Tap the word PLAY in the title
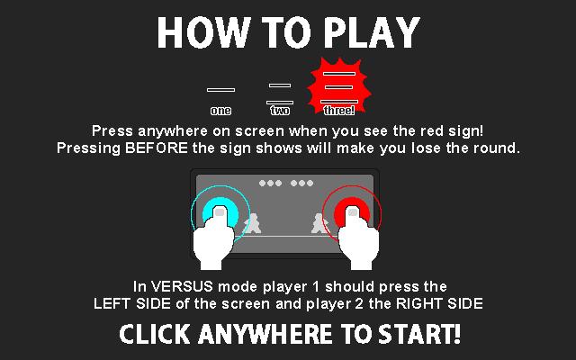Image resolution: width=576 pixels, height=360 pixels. click(x=372, y=32)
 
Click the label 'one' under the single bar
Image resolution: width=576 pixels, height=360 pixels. click(x=220, y=111)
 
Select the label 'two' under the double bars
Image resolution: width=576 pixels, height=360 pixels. click(x=280, y=110)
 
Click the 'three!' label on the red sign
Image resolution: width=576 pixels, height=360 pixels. click(x=339, y=110)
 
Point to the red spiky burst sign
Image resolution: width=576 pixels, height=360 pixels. click(x=338, y=86)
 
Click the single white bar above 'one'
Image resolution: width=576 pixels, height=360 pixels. click(x=220, y=90)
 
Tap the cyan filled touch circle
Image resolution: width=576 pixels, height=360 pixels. click(x=220, y=211)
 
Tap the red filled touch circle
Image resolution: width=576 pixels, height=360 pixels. click(x=352, y=211)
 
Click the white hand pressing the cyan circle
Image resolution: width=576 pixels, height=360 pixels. click(x=213, y=238)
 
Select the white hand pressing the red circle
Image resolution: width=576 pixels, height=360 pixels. click(x=358, y=238)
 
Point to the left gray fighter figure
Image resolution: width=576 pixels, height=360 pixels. click(x=252, y=224)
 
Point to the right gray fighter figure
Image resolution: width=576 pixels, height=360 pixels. click(x=319, y=224)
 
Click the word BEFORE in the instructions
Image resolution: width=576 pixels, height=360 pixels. click(x=157, y=148)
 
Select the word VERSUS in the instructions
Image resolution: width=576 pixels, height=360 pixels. click(x=182, y=286)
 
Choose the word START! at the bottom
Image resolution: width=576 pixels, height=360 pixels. click(x=419, y=334)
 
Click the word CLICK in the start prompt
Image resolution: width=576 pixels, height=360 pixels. click(x=155, y=334)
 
